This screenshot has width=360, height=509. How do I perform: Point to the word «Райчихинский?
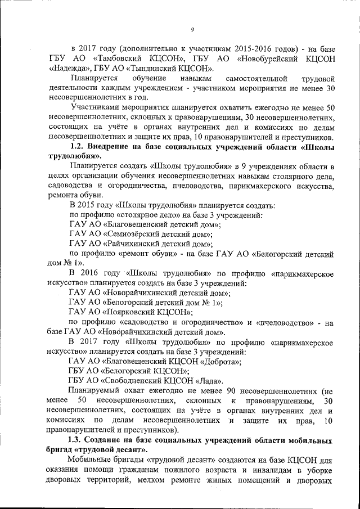(136, 244)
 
